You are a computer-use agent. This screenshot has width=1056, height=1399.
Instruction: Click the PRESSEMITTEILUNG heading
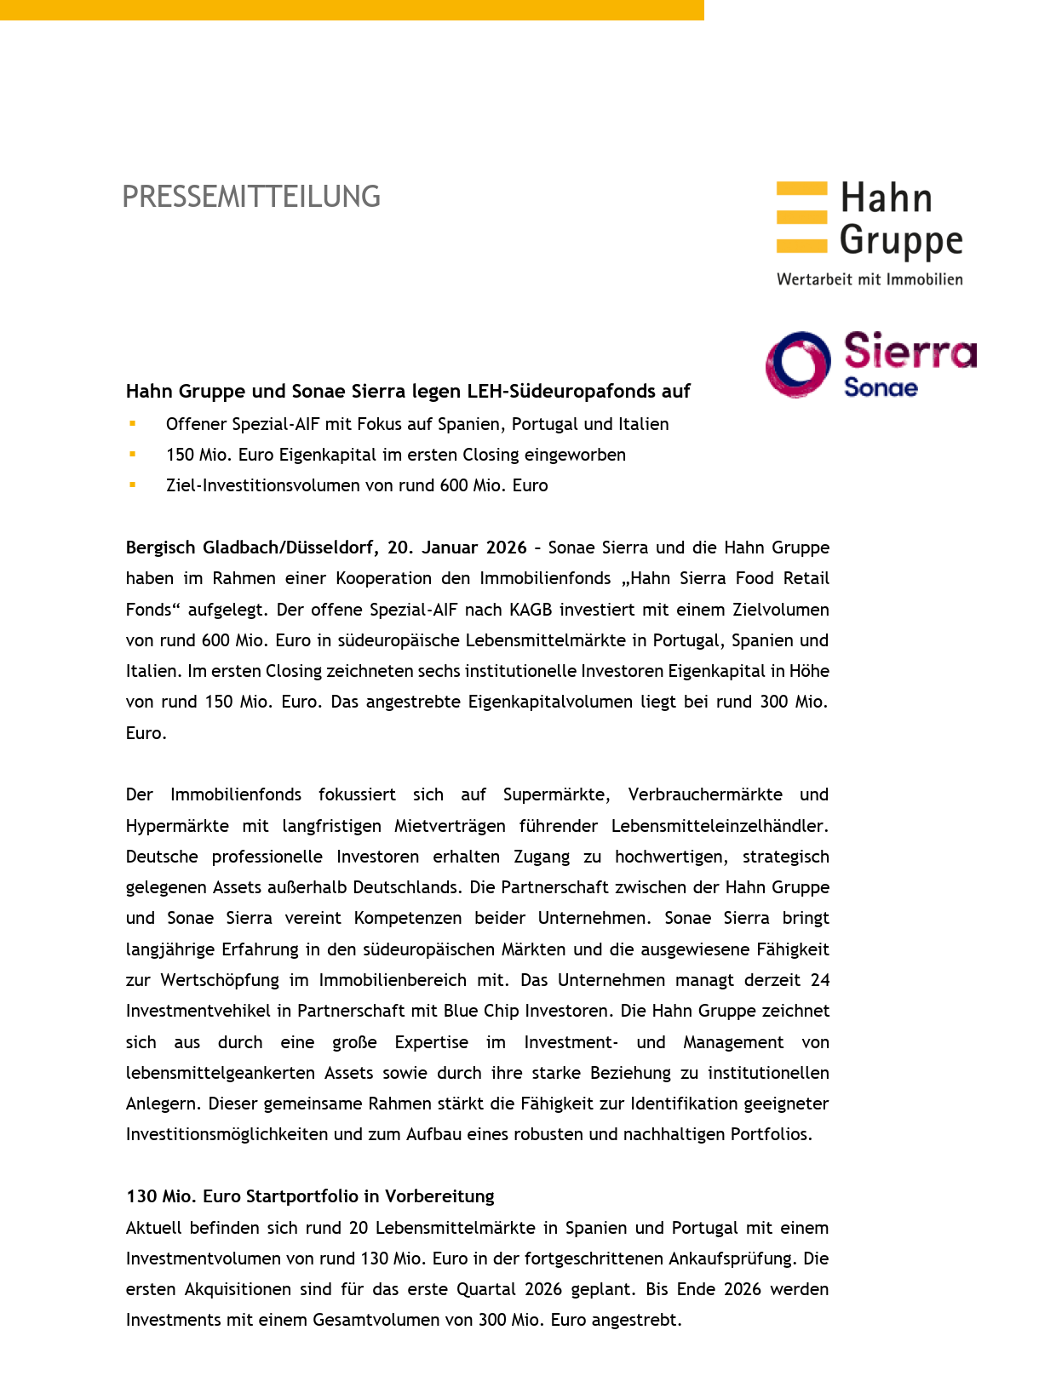click(x=251, y=197)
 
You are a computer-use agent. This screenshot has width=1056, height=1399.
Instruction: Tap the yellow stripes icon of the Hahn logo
click(x=801, y=217)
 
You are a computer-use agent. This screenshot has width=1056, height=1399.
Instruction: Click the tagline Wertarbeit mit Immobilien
click(x=869, y=279)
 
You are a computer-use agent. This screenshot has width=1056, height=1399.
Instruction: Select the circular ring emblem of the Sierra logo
click(x=798, y=364)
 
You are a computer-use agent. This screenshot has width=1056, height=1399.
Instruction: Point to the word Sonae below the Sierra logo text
click(x=881, y=388)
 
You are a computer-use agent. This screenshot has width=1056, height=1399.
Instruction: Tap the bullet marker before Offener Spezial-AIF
click(x=133, y=423)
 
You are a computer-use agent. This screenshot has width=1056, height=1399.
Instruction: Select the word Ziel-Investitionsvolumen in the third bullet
click(x=272, y=485)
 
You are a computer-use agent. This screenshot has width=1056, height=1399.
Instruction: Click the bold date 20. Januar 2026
click(x=457, y=548)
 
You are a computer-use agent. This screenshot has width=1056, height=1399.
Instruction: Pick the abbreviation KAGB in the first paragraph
click(x=532, y=610)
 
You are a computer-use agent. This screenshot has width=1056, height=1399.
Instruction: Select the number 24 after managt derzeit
click(x=819, y=980)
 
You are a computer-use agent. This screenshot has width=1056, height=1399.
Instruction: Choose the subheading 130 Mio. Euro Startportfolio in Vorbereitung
click(x=310, y=1196)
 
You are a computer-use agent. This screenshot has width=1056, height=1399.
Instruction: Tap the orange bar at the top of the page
click(x=352, y=9)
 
